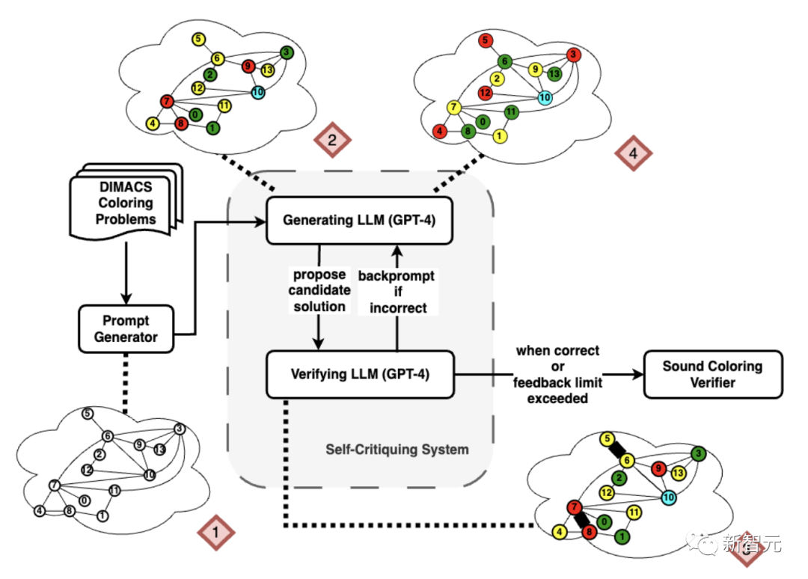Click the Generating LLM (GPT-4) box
[x=359, y=221]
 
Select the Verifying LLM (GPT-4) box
[x=361, y=373]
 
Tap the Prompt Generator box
[x=126, y=328]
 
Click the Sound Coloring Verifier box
[x=711, y=374]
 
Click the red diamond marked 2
[x=331, y=140]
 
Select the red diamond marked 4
[x=633, y=153]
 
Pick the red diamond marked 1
[x=215, y=533]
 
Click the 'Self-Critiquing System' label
[x=397, y=450]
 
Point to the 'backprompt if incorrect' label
[x=397, y=292]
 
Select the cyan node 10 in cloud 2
[x=257, y=92]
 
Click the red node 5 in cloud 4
[x=486, y=40]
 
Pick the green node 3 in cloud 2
[x=286, y=52]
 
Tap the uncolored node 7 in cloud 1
[x=54, y=485]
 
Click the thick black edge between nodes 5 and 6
[x=616, y=450]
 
